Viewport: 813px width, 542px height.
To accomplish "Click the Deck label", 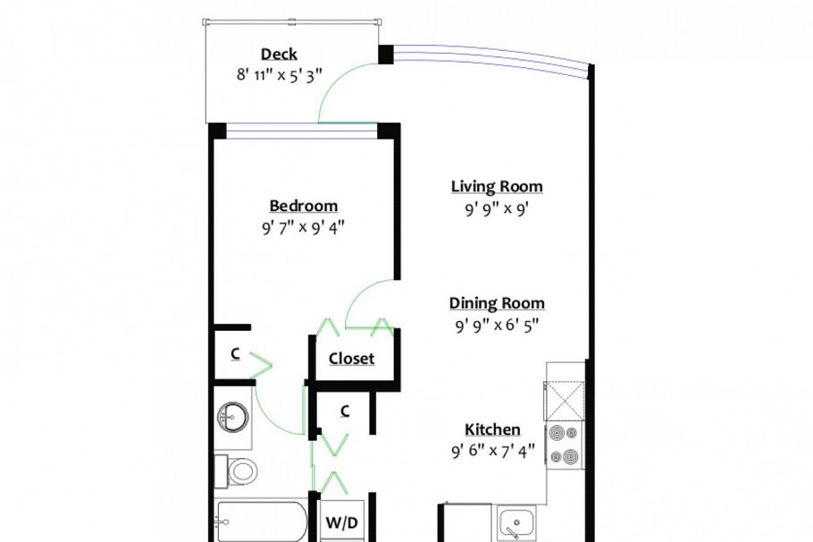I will tap(279, 55).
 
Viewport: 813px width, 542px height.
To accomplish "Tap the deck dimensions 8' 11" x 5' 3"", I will tap(279, 75).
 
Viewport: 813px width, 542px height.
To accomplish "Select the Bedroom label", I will tap(304, 206).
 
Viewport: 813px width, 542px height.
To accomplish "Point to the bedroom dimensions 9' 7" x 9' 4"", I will tap(304, 227).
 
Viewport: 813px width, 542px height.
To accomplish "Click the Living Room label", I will tap(497, 186).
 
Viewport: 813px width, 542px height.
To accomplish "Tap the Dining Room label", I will tap(497, 303).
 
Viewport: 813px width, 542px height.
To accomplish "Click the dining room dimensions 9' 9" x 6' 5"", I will tap(497, 326).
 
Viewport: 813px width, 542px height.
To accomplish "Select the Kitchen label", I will tap(492, 429).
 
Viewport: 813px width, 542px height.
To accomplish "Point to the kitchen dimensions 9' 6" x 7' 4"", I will tap(492, 451).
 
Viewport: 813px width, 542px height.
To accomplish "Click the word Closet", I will tap(351, 359).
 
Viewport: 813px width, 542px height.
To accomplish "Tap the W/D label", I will tap(341, 522).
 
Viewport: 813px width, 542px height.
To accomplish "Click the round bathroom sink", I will tap(232, 415).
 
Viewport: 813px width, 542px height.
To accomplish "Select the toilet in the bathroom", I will tap(241, 470).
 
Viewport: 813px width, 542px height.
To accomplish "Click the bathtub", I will tap(261, 521).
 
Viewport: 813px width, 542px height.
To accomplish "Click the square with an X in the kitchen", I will tap(565, 397).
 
